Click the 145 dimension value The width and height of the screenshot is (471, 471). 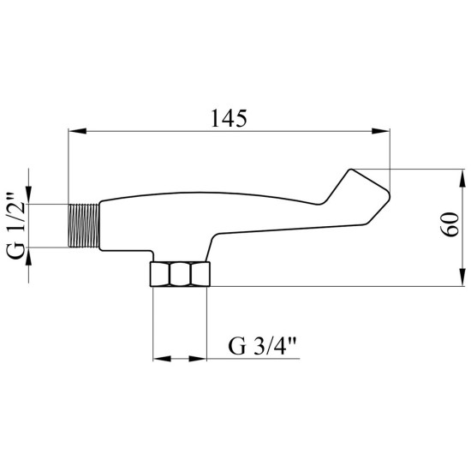pos(229,118)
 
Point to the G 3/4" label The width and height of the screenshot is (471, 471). pos(262,346)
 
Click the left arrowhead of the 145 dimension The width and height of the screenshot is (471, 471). pos(77,131)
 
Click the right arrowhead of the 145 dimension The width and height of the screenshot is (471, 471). pos(380,131)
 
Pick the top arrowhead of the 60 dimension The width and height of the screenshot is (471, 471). pos(461,178)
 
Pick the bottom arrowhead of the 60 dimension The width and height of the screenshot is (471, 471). pos(461,277)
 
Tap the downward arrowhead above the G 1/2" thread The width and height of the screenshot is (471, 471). pos(28,195)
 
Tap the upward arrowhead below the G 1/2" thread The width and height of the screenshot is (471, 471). pos(28,257)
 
